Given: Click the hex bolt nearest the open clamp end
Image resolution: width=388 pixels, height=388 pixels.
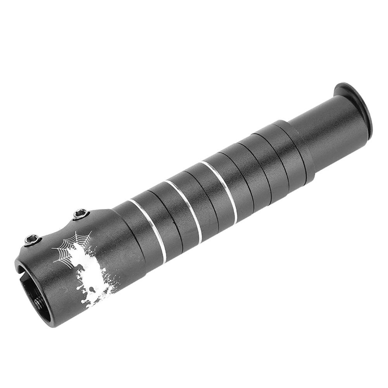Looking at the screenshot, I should pyautogui.click(x=33, y=240).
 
